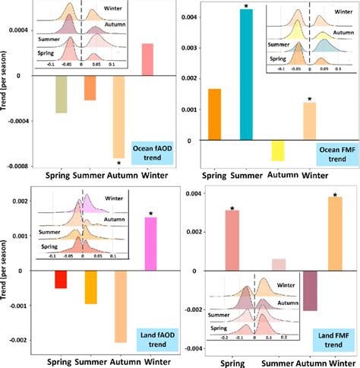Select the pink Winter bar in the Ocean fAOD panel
click(148, 60)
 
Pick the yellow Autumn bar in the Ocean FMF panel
click(277, 151)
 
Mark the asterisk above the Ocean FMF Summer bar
click(245, 7)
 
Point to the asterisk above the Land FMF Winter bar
click(334, 194)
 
